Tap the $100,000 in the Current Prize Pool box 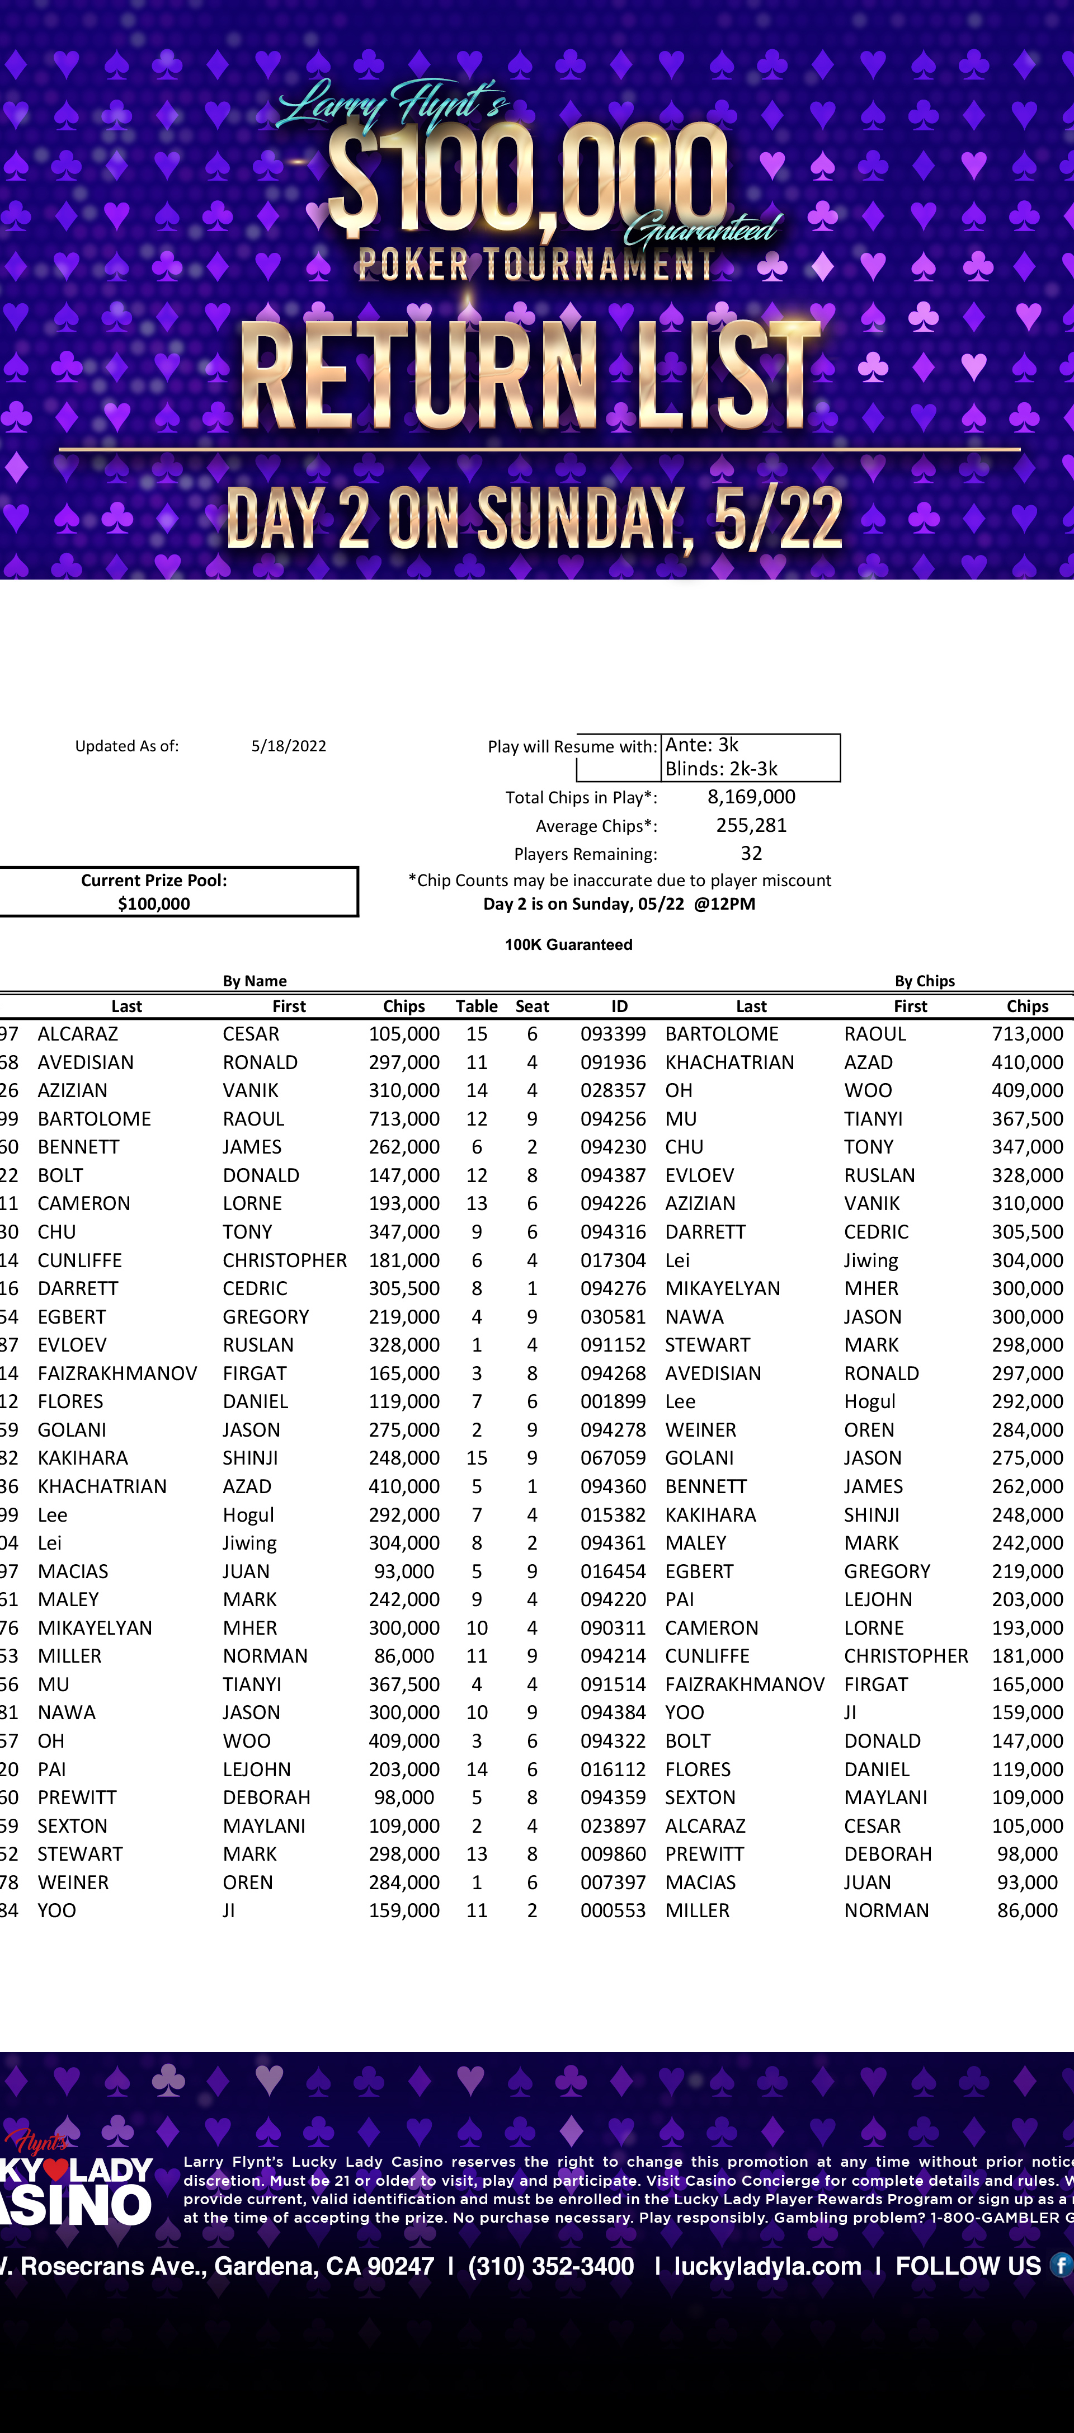click(154, 904)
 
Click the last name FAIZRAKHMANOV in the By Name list click(117, 1373)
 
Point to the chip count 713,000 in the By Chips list click(1027, 1034)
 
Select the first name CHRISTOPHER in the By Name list click(284, 1260)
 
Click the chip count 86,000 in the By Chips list click(1027, 1910)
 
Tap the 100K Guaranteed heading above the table click(569, 944)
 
